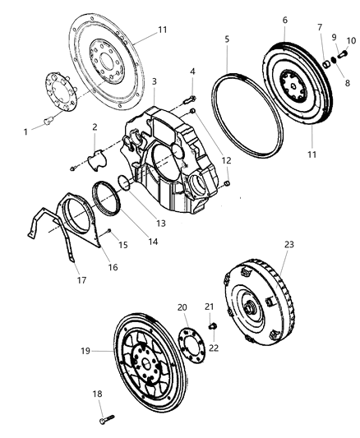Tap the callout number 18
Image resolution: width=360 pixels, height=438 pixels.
point(98,394)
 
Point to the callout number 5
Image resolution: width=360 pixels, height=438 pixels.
point(227,39)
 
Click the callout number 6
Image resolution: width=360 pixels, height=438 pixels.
point(284,21)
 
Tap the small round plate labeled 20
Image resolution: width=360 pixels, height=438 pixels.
point(191,339)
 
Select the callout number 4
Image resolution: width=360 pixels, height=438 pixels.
point(192,72)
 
